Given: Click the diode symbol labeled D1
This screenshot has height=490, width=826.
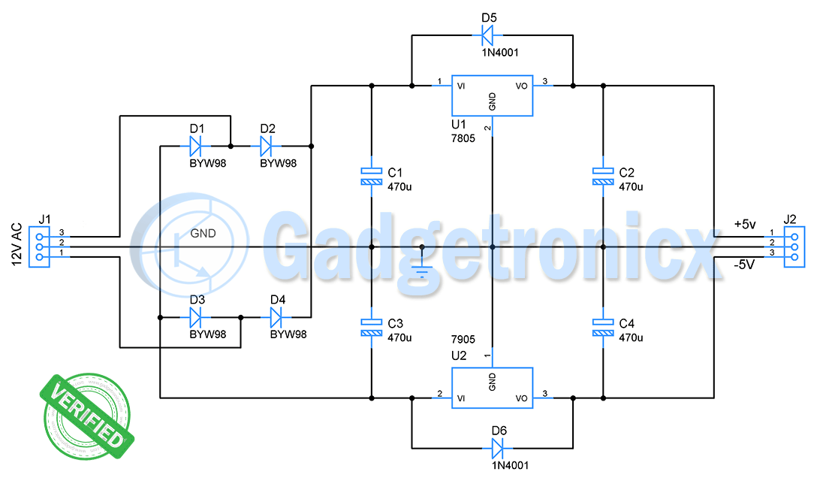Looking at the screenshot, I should click(197, 144).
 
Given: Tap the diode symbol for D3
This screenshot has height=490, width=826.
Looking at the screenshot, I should click(197, 317).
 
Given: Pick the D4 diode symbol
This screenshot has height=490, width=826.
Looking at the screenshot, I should click(278, 317).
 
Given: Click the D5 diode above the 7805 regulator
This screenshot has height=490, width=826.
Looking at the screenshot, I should click(488, 34).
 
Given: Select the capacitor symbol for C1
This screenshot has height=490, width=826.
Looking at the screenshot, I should click(371, 176).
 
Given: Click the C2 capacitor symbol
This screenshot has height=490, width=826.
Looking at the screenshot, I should click(602, 176).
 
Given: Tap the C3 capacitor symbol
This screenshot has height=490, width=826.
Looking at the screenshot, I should click(371, 327).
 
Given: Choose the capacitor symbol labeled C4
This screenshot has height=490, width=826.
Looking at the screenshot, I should click(602, 327).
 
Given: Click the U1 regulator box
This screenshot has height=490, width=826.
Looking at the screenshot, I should click(492, 95).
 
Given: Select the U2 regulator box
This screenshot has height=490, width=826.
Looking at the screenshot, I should click(492, 388).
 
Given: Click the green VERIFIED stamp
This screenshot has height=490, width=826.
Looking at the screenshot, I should click(86, 416).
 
